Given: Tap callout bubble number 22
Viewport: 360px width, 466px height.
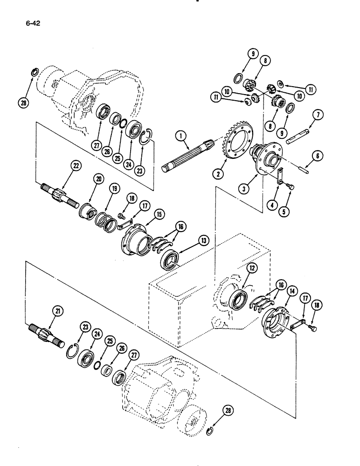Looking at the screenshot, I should pos(74,165).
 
